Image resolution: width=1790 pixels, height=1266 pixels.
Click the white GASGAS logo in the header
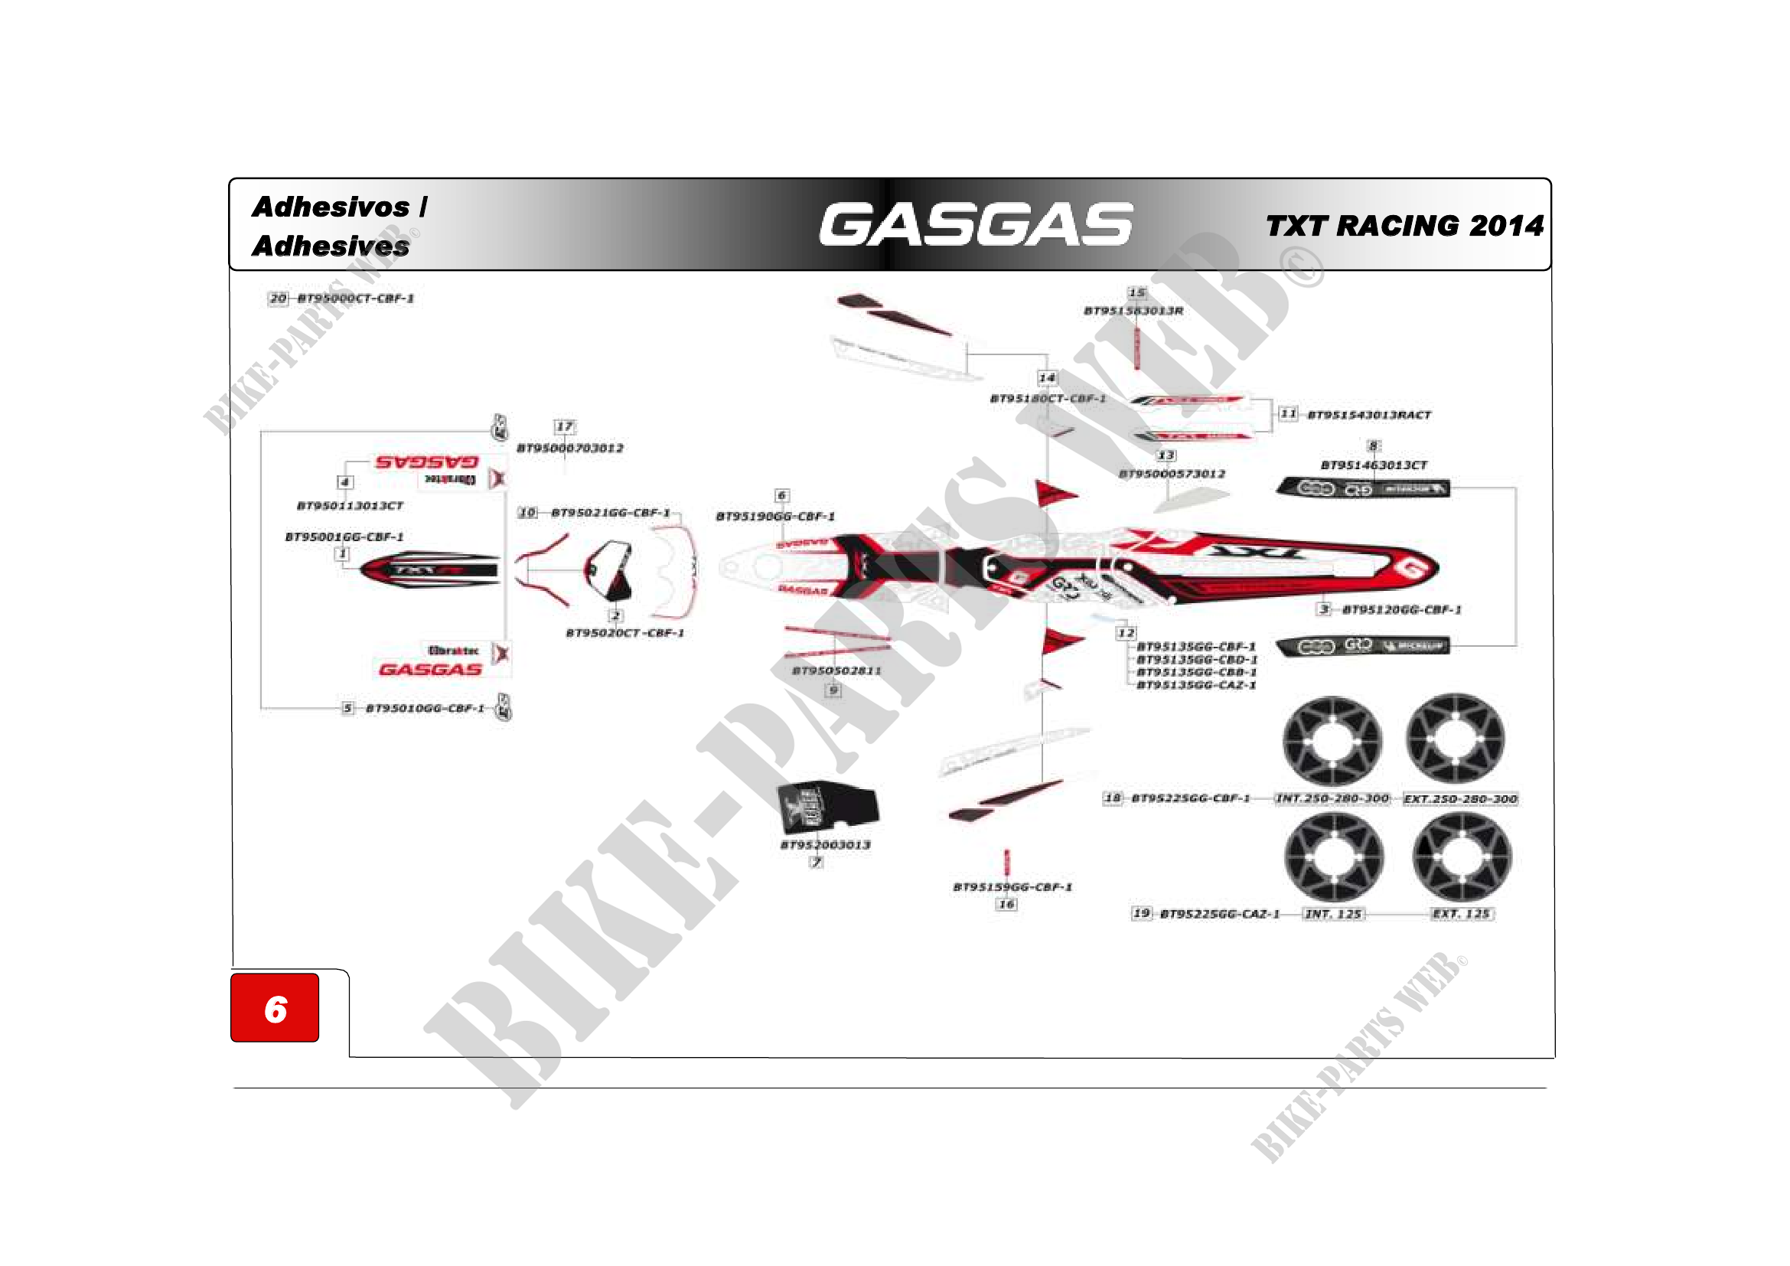point(975,224)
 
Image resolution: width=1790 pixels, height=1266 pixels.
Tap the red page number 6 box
point(275,1007)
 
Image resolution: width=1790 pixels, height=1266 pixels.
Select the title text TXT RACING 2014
point(1404,226)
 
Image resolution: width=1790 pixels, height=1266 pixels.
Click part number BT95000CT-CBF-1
point(356,299)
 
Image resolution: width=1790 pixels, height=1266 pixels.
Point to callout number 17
point(565,427)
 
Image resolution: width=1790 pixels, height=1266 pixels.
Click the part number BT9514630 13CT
point(1374,465)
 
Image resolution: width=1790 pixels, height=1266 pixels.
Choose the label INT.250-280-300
point(1332,799)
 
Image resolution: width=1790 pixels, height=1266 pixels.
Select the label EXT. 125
point(1461,914)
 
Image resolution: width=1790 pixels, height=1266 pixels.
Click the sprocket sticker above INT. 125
point(1334,857)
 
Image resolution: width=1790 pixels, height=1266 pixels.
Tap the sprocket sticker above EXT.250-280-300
point(1456,740)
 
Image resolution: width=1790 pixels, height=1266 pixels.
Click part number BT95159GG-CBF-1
point(1012,887)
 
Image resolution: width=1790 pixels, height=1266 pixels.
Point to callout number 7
point(817,862)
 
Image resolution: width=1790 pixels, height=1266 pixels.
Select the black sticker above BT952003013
point(827,806)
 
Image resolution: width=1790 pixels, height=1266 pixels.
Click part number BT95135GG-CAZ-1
point(1196,685)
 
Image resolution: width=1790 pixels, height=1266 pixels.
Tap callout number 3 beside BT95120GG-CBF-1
point(1324,609)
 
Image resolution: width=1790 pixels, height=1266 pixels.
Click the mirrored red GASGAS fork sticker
point(426,462)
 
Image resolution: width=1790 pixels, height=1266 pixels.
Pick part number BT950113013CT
point(350,506)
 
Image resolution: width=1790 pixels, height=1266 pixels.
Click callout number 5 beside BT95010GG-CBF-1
point(347,708)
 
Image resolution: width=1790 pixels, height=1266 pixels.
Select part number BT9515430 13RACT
point(1369,415)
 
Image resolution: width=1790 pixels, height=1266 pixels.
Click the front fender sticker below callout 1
point(429,570)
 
